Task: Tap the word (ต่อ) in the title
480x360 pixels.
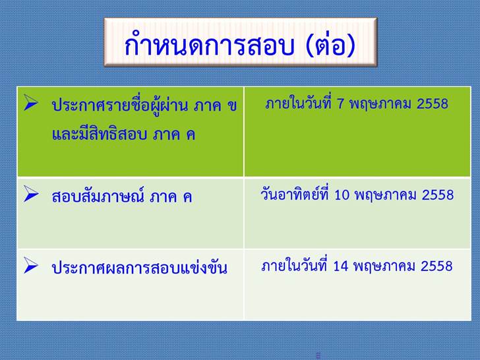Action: (x=330, y=45)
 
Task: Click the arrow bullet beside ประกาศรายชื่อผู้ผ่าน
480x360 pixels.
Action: (x=31, y=102)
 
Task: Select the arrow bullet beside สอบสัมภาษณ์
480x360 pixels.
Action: (x=31, y=194)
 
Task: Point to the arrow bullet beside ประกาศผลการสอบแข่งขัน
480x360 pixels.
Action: (x=31, y=265)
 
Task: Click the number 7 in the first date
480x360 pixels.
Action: (x=340, y=104)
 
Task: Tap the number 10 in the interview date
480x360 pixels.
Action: (x=342, y=195)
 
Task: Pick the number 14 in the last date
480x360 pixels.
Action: (x=341, y=266)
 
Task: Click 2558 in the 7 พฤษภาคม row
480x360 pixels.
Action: (x=433, y=104)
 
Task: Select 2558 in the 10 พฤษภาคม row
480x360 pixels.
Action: (x=438, y=195)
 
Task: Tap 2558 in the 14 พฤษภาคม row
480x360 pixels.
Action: (x=436, y=266)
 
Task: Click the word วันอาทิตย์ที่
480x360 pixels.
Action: (x=295, y=194)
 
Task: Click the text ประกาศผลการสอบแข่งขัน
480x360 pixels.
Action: (x=140, y=267)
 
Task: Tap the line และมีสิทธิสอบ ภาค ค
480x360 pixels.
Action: (x=124, y=134)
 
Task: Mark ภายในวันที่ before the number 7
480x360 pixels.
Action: (x=299, y=103)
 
